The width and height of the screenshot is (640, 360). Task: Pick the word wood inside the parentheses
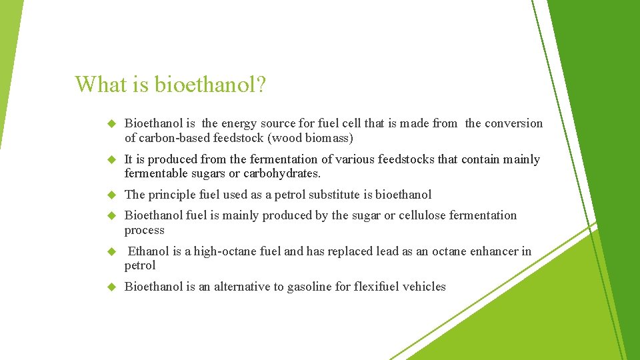(282, 139)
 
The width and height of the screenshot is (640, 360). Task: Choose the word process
(144, 231)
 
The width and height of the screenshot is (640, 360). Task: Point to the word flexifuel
(379, 287)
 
